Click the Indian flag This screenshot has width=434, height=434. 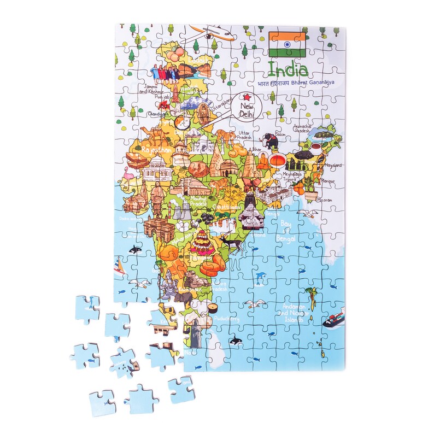pos(287,44)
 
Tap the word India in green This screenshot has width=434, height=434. pos(287,69)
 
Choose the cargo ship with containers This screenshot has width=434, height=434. pos(334,318)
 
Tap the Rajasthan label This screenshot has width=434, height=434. pos(156,149)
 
